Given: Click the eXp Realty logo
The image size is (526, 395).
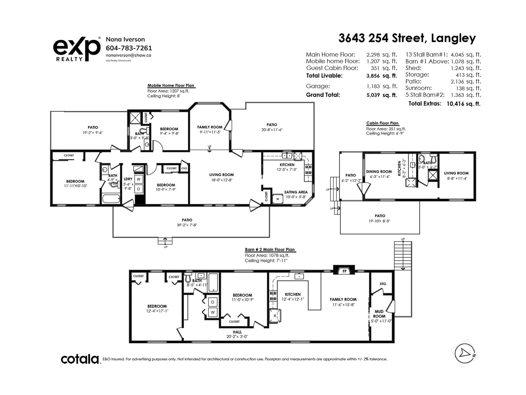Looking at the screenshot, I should tap(77, 49).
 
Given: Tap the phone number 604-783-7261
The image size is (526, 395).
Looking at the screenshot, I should tap(129, 48).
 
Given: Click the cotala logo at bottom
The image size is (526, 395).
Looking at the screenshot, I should tap(80, 359).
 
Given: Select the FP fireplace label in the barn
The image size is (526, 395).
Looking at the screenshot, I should tap(345, 271).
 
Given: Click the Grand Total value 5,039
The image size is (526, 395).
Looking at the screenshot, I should tap(373, 95).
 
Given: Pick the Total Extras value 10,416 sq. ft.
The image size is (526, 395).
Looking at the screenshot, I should tap(463, 104).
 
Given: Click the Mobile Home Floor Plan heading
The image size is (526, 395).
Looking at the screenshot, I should tap(171, 85).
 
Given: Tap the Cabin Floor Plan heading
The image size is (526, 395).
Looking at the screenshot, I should tap(382, 123).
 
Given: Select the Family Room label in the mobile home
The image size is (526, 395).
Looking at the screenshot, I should tap(210, 127).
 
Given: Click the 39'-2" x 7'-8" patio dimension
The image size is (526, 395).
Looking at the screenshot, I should tap(187, 225).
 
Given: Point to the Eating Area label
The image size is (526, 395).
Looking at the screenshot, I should tap(296, 192).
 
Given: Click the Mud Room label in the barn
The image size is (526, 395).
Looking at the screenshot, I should tap(379, 314).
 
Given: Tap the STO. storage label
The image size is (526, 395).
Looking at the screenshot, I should tap(383, 284).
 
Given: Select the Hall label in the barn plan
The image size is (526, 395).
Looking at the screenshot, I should tap(237, 332).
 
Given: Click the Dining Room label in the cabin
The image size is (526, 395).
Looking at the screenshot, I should tap(379, 171).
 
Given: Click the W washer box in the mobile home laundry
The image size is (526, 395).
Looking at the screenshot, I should tap(139, 179).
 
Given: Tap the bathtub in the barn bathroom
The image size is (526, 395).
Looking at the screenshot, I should tap(213, 282).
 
